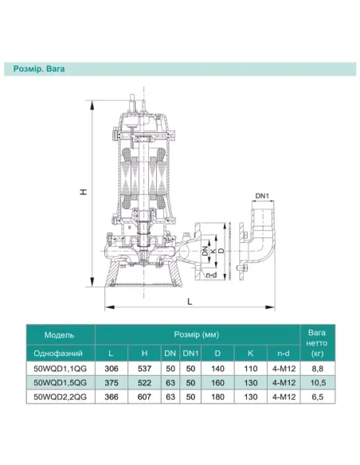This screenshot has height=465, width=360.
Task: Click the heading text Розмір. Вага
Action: click(39, 69)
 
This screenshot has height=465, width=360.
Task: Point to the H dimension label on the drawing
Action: click(84, 192)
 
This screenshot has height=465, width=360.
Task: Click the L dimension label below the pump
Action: click(190, 302)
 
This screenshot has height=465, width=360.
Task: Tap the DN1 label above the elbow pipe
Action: click(262, 196)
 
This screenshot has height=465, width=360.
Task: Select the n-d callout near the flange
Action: click(211, 275)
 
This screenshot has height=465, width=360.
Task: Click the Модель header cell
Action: click(59, 335)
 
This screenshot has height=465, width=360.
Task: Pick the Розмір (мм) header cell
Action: click(197, 334)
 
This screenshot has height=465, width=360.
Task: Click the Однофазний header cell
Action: click(58, 354)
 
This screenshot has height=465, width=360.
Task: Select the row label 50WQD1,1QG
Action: click(61, 369)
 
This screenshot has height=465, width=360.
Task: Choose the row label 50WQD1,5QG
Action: click(61, 382)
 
